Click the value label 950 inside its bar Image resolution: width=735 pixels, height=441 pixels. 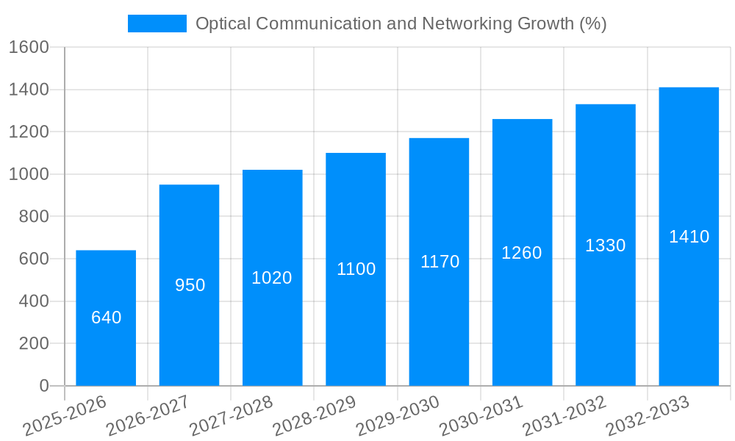click(x=190, y=285)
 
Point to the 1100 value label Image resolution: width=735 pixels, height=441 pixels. click(x=356, y=269)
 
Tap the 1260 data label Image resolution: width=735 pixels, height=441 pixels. click(x=522, y=253)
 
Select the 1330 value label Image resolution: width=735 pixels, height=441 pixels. click(x=605, y=245)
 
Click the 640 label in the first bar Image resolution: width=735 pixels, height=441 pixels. click(x=106, y=318)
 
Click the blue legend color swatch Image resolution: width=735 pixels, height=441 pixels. click(x=157, y=24)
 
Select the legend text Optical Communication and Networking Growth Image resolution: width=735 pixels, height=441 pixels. click(x=401, y=24)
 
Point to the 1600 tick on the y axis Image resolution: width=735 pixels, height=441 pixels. click(x=29, y=48)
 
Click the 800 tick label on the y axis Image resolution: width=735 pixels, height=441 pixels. click(x=33, y=217)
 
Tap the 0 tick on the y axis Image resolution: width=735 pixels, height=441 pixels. click(x=43, y=386)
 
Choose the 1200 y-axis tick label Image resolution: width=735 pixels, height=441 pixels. click(x=29, y=132)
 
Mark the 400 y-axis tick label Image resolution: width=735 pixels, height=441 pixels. click(x=33, y=301)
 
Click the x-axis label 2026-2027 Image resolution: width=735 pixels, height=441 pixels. click(x=148, y=416)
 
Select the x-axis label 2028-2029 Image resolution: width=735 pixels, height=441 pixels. click(x=315, y=416)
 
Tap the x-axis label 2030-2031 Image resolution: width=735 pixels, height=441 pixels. click(x=481, y=416)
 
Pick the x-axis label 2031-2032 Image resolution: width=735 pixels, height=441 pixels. click(x=564, y=416)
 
